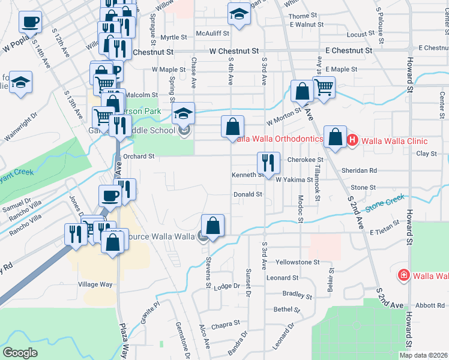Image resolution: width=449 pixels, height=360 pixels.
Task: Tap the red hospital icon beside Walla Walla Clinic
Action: tap(352, 141)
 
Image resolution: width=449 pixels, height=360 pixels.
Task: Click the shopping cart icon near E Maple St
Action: tap(324, 88)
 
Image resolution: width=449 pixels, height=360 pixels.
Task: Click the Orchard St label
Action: tap(139, 156)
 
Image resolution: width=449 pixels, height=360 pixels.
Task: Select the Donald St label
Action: tap(247, 194)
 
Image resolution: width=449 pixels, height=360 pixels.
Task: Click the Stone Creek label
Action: tap(383, 203)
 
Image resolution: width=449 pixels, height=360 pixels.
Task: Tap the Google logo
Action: tap(20, 352)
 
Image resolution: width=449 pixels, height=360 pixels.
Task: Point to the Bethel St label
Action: tap(286, 310)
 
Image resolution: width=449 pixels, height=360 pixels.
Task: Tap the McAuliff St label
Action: tap(209, 34)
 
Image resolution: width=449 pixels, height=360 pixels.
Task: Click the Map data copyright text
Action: tap(423, 355)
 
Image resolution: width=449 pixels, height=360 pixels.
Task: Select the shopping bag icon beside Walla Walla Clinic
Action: tap(336, 137)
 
